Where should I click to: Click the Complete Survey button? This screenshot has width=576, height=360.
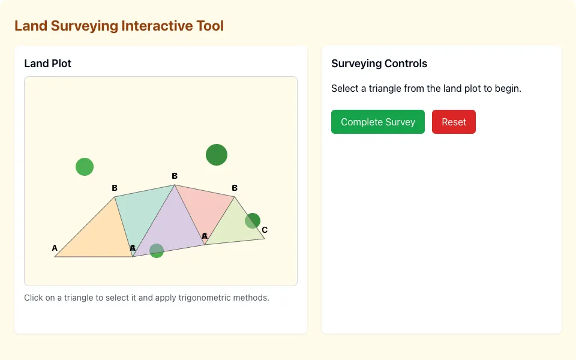tap(377, 122)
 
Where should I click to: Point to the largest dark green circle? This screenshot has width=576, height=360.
tap(217, 155)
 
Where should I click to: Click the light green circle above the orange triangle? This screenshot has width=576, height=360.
tap(85, 167)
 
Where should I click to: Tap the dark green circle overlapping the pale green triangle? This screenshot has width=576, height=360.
tap(253, 221)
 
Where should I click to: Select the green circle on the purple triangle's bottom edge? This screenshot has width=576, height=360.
tap(157, 251)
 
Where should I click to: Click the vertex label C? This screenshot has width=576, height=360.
tap(265, 230)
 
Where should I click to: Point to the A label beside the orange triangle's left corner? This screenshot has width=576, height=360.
tap(55, 248)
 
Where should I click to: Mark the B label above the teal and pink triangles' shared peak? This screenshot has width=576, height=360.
tap(175, 176)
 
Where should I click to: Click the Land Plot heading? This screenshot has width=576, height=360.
tap(48, 64)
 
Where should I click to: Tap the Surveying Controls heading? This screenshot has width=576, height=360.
tap(379, 64)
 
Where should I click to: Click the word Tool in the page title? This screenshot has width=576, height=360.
tap(210, 26)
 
